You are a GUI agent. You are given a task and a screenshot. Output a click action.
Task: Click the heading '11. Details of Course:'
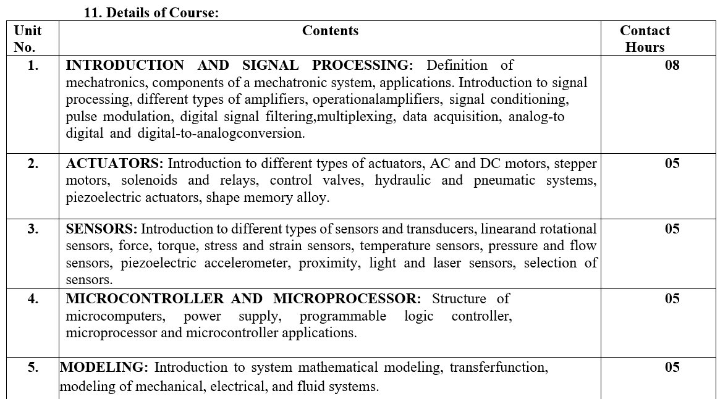pyautogui.click(x=151, y=13)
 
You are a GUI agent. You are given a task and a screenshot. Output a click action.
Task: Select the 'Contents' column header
pyautogui.click(x=330, y=31)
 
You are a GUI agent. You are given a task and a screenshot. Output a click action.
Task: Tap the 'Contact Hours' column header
pyautogui.click(x=645, y=39)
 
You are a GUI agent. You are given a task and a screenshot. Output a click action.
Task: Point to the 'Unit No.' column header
pyautogui.click(x=28, y=39)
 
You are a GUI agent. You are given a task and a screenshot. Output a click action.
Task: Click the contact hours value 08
pyautogui.click(x=672, y=65)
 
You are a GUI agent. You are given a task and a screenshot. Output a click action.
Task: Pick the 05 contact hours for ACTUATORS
pyautogui.click(x=672, y=164)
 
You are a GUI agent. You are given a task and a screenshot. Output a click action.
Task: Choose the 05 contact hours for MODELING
pyautogui.click(x=672, y=367)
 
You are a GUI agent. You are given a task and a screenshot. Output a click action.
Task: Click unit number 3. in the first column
pyautogui.click(x=33, y=229)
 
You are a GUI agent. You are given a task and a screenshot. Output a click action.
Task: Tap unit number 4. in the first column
pyautogui.click(x=33, y=299)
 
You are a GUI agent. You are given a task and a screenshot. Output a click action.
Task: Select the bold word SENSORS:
pyautogui.click(x=102, y=229)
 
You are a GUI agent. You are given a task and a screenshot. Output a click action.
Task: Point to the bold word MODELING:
pyautogui.click(x=104, y=367)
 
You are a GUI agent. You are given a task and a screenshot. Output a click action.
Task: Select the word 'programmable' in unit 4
pyautogui.click(x=343, y=316)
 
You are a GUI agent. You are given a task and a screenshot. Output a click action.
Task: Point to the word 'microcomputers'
pyautogui.click(x=116, y=316)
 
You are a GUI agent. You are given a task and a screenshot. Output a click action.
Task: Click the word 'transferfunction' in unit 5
pyautogui.click(x=498, y=367)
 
